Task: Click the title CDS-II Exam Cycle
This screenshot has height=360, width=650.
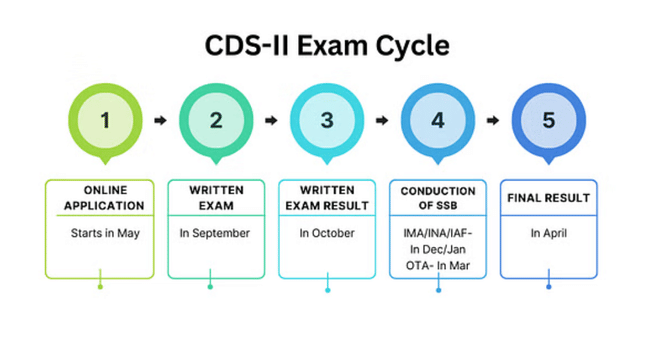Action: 327,46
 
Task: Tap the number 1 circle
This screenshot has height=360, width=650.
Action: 105,120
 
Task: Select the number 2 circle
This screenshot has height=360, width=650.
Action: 216,120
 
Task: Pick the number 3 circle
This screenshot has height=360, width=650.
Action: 327,120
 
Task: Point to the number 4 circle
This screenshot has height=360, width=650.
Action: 438,120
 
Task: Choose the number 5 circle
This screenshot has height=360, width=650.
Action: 548,120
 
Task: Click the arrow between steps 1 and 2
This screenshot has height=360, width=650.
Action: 160,120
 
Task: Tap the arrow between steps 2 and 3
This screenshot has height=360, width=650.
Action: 271,120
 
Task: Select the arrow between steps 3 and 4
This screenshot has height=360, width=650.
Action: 382,120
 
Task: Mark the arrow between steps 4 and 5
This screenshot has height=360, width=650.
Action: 493,120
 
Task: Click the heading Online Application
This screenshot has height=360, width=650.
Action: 100,198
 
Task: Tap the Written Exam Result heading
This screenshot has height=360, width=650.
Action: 327,198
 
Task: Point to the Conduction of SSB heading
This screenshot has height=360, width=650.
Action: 438,198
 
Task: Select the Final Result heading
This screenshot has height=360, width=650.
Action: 548,197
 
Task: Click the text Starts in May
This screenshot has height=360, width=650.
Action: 100,233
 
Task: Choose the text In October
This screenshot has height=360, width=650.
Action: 327,233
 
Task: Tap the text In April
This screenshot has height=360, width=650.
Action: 548,233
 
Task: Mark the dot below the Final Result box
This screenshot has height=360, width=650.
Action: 548,287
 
